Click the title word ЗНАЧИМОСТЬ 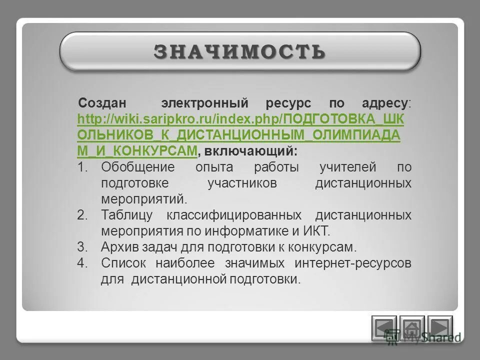[240, 51]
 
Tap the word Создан [102, 104]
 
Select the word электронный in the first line [204, 104]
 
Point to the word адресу [385, 104]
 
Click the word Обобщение [138, 167]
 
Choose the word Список [122, 263]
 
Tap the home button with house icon [412, 328]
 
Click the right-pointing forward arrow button [440, 328]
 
